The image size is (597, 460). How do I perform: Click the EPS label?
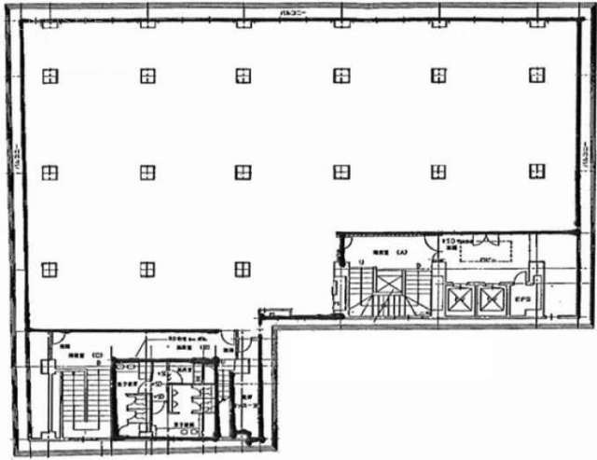(522, 300)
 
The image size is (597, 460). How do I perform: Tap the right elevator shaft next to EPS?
(490, 300)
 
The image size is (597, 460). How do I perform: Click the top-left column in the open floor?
(49, 76)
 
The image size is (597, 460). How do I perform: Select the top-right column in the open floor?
(536, 76)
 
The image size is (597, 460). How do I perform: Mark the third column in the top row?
(243, 76)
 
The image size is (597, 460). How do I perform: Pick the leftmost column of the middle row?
(49, 172)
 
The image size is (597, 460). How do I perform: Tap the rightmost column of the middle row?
(536, 171)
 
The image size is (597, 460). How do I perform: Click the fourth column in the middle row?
(341, 172)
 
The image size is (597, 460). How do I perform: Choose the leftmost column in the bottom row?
(49, 269)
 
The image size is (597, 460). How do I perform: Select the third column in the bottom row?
(243, 269)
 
